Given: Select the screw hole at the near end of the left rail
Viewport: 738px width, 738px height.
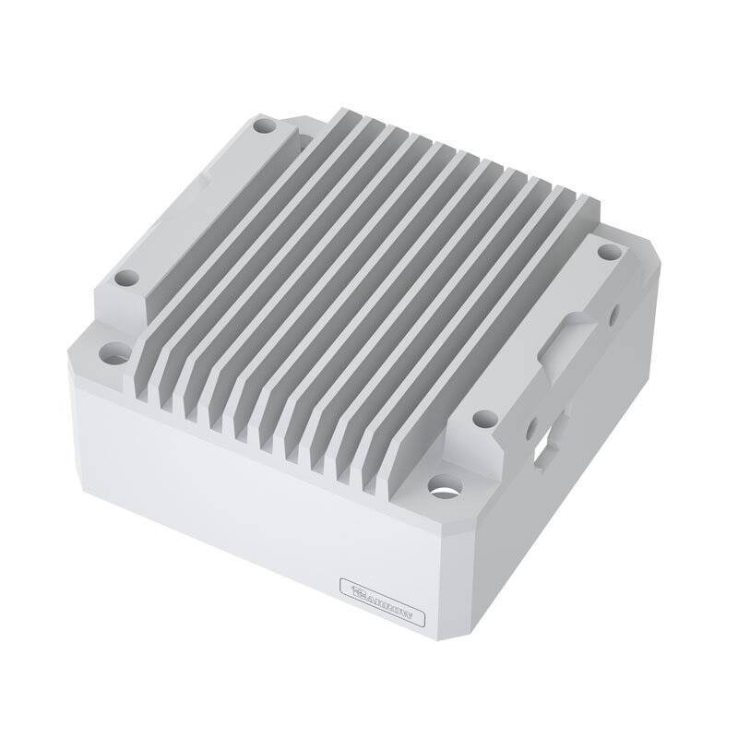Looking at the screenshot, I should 128,275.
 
